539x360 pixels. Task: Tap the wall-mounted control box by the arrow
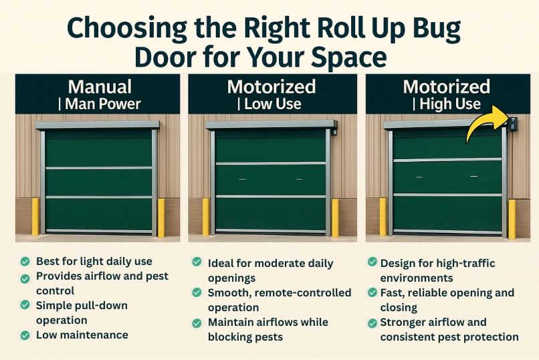coord(513,124)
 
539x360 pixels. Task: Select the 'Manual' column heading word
coord(100,87)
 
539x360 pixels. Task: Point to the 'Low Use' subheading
coord(272,104)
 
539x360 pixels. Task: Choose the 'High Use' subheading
coord(449,104)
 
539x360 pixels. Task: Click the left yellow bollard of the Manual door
coord(35,217)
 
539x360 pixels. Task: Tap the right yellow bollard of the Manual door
coord(160,217)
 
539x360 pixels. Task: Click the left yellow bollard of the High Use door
coord(383,217)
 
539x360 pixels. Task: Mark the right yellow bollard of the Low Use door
coord(335,217)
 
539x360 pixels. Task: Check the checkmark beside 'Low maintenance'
coord(25,335)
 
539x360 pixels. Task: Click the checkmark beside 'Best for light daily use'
coord(25,261)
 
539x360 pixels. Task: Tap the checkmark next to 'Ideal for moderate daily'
coord(197,263)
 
